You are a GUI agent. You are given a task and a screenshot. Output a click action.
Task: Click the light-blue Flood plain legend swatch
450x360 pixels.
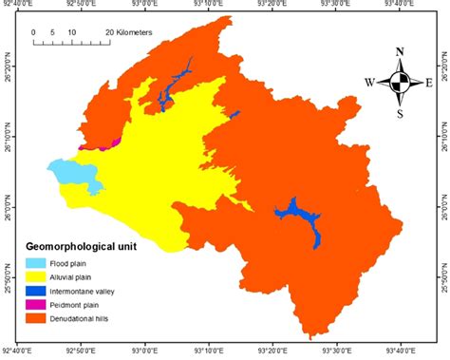(35, 263)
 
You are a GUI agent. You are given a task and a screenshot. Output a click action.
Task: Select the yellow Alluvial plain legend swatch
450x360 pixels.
(35, 276)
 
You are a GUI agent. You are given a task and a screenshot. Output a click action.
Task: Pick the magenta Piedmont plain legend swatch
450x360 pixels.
(35, 304)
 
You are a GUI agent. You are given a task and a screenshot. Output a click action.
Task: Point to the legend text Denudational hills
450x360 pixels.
(87, 317)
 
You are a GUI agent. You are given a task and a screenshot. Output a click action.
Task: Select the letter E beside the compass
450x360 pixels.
(429, 83)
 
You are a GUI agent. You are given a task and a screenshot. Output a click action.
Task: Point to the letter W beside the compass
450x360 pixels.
(368, 83)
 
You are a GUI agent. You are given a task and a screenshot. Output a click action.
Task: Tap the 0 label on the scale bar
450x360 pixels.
(34, 31)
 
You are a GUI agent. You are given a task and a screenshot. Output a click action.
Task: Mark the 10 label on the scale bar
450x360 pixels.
(71, 31)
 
